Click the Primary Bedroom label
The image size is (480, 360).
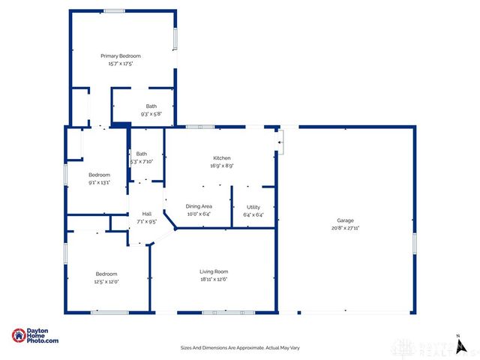[x=121, y=56]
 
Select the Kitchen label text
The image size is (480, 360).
[x=221, y=158]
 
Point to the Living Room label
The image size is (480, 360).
[x=214, y=271]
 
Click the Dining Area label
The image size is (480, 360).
[x=199, y=206]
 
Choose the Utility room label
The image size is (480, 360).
[x=253, y=206]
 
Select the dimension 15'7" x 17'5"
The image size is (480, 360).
[x=121, y=64]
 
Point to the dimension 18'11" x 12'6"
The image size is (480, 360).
[x=214, y=279]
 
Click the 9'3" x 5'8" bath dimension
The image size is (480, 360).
[x=151, y=114]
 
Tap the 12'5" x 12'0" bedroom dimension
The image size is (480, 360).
[x=106, y=281]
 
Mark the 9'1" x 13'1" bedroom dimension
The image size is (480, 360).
[x=99, y=181]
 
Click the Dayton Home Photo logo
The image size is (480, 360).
[x=35, y=337]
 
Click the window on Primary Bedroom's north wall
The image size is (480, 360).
[x=114, y=10]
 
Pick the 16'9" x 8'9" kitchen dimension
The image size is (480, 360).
[x=221, y=166]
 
